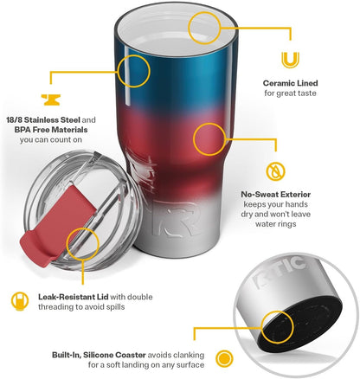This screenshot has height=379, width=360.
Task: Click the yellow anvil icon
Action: [x=51, y=100]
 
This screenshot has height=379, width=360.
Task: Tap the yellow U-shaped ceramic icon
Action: [x=290, y=60]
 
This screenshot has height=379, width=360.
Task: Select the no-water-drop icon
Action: [x=275, y=171]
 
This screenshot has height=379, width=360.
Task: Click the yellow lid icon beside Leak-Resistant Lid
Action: [x=20, y=301]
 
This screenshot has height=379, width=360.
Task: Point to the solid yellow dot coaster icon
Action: [x=224, y=359]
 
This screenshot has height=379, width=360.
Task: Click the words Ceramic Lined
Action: [x=290, y=83]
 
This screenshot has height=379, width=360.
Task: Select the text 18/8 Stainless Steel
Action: [x=43, y=119]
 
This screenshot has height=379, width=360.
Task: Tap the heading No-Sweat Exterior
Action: [x=276, y=195]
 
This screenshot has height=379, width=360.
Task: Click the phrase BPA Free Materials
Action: [x=51, y=130]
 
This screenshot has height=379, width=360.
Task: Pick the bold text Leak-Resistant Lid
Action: [x=74, y=297]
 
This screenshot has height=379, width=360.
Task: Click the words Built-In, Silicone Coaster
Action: [x=99, y=355]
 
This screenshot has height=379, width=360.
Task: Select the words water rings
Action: [x=276, y=224]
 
